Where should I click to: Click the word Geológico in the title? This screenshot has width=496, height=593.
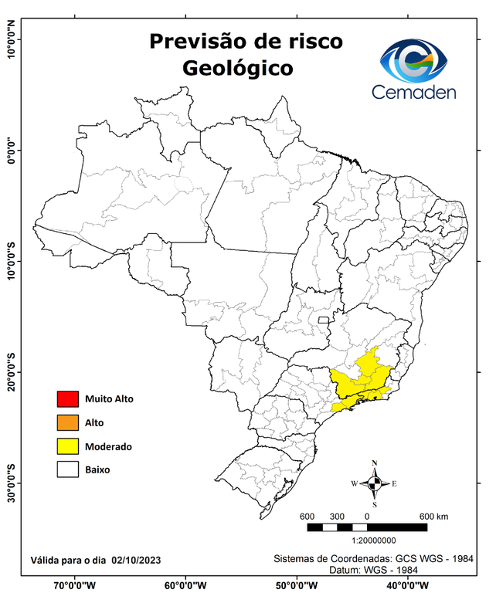(238, 68)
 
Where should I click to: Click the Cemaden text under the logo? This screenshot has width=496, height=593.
(413, 92)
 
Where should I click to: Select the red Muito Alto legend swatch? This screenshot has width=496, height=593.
(68, 399)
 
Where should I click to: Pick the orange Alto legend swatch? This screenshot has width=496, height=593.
(68, 422)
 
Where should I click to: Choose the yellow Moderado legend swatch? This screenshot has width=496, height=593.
(68, 446)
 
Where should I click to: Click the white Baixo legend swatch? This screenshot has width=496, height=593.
(68, 469)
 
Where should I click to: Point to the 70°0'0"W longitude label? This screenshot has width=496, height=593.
(74, 585)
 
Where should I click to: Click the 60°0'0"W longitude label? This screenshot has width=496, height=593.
(185, 585)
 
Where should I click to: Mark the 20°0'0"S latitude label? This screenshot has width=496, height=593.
(12, 372)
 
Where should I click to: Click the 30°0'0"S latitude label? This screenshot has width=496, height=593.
(12, 483)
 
